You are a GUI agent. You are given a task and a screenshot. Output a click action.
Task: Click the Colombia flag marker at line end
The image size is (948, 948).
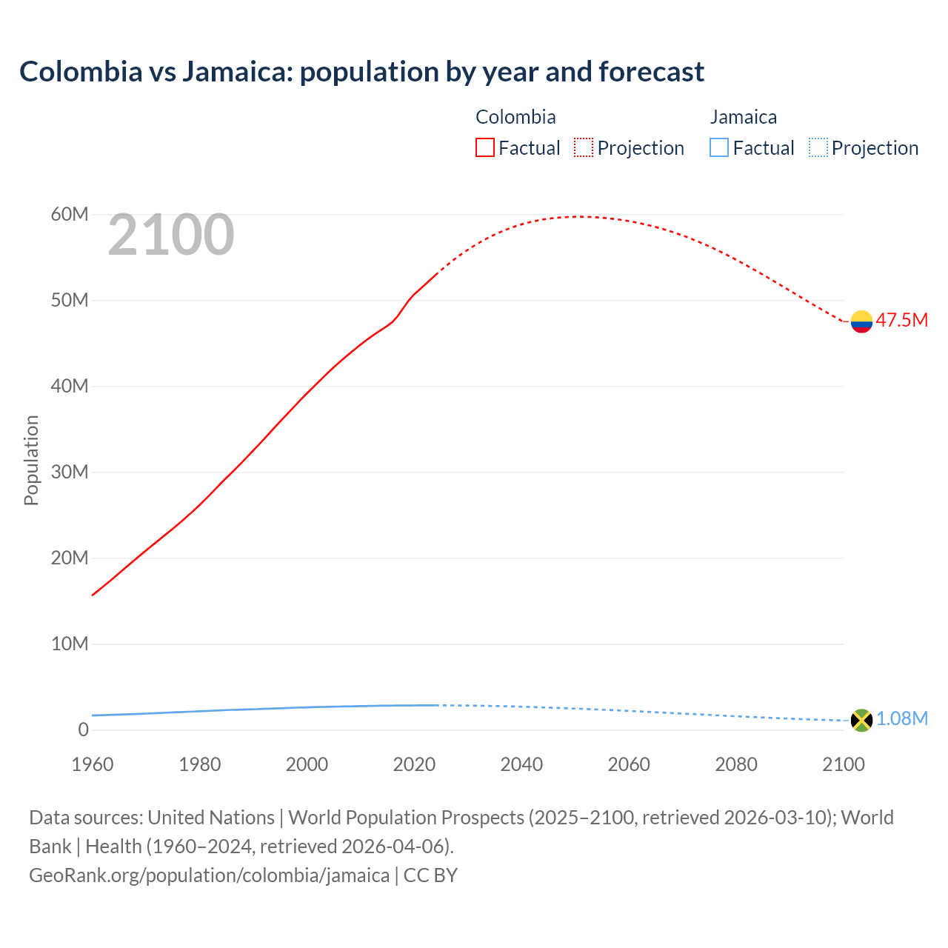tap(861, 321)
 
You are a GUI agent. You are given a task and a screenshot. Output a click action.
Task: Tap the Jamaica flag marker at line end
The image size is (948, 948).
tap(861, 720)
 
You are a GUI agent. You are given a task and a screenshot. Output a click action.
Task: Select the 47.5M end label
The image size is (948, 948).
tap(901, 320)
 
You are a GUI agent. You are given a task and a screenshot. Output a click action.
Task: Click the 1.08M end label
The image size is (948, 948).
tap(901, 718)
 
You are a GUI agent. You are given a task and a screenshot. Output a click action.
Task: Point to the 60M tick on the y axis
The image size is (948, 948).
tap(70, 215)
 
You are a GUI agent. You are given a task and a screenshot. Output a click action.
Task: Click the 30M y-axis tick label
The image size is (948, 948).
tap(70, 472)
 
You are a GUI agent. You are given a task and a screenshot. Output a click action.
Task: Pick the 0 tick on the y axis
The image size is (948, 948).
tap(83, 730)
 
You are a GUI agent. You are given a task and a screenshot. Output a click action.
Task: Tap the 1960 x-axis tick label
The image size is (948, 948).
tap(93, 764)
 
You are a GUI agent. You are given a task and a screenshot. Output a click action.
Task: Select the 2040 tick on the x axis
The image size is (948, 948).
tap(521, 764)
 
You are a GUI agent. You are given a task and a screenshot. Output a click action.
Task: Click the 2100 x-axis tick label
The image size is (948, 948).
tap(843, 764)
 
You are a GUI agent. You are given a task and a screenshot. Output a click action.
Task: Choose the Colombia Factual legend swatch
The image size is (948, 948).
tap(484, 148)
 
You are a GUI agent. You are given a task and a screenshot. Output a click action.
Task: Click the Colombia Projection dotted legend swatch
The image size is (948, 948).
tap(584, 148)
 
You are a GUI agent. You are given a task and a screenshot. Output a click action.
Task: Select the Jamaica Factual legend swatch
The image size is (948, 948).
tap(719, 148)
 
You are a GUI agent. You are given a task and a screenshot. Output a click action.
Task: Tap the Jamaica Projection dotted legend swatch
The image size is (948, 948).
tap(818, 148)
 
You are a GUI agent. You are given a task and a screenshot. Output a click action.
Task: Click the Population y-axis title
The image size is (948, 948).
tap(31, 460)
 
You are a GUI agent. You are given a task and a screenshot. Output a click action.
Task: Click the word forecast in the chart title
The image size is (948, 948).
tap(651, 72)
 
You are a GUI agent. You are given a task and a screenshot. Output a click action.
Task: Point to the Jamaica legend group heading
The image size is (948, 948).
tap(744, 117)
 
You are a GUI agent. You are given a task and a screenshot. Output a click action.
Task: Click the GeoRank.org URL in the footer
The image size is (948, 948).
tap(209, 875)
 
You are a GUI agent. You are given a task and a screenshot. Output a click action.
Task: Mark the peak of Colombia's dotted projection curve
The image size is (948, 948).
tap(580, 216)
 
